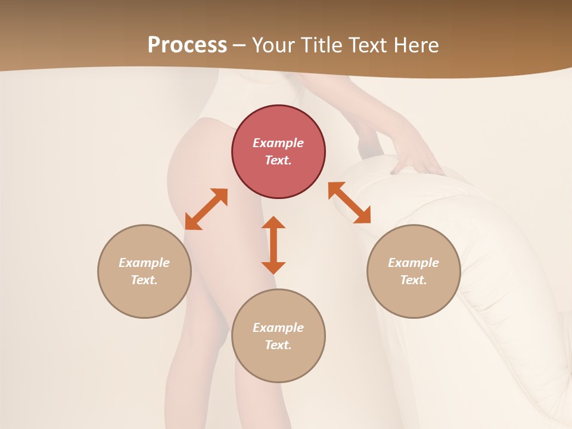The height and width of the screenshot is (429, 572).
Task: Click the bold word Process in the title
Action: pos(187,45)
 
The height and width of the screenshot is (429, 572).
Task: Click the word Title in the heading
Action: pos(322,45)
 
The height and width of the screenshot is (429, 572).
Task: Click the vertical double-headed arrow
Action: pos(273,245)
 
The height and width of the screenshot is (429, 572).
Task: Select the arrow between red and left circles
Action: pos(206,209)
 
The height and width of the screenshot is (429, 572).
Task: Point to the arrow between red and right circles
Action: pos(350,203)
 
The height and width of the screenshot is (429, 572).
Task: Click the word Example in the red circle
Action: pos(278,143)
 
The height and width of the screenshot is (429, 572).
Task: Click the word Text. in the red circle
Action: pos(278,160)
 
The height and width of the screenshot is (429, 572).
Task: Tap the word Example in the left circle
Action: pos(144,263)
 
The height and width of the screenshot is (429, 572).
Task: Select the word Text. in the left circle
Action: pos(144,280)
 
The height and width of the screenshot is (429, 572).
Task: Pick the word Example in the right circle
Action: pos(414,263)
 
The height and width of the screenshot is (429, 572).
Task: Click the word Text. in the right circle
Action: pos(414,280)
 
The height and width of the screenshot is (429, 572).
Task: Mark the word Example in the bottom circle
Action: pos(278,328)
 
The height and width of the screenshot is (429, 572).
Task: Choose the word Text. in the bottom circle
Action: pos(278,345)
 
